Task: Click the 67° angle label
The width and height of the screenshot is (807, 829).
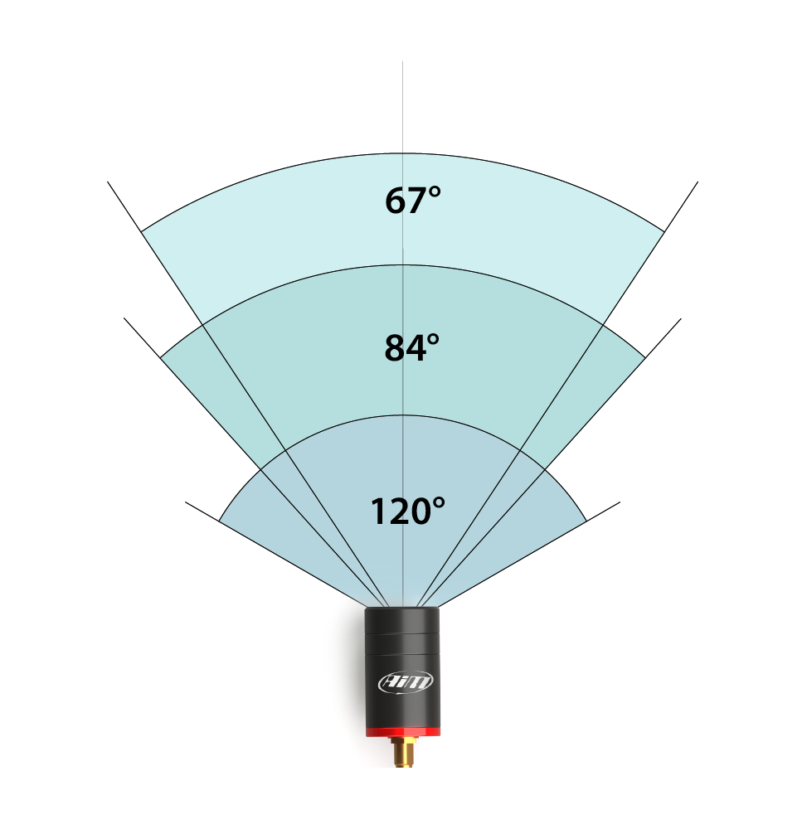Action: [412, 201]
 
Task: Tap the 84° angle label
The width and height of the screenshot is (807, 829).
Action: [411, 348]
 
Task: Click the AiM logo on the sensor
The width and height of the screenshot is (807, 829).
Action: [406, 682]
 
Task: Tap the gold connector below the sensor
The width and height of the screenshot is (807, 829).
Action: [403, 752]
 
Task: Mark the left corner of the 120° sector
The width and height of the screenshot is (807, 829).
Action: [220, 521]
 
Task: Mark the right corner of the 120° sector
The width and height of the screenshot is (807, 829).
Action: [586, 521]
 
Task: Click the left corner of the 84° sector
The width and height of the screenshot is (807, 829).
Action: [160, 357]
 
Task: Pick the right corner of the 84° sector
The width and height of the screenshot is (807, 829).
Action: [645, 357]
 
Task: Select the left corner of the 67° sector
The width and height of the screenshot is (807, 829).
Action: [141, 231]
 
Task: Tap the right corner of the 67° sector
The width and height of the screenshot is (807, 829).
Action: [665, 231]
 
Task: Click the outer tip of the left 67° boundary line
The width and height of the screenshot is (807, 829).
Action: [108, 182]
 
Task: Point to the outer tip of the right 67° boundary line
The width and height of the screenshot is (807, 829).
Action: [698, 182]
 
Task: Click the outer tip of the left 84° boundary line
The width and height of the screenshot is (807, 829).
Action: [124, 318]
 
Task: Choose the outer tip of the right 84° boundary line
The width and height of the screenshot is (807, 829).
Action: [682, 318]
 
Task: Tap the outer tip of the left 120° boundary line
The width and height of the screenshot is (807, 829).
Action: [186, 502]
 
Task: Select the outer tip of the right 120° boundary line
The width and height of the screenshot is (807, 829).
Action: [620, 502]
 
